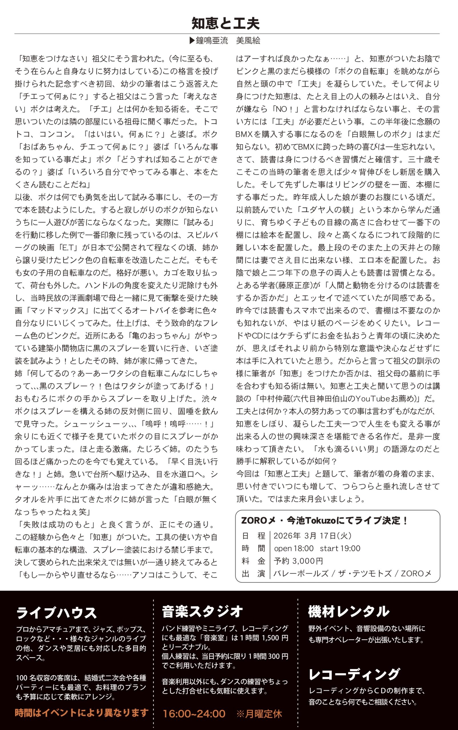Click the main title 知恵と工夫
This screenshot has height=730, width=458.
coord(226,23)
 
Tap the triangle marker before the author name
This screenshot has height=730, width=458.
coord(192,40)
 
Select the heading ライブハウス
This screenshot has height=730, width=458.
coord(56,613)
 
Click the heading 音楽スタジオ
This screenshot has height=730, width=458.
coord(202,611)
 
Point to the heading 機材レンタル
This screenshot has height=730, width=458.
coord(348,611)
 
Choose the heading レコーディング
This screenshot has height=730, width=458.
coord(354,674)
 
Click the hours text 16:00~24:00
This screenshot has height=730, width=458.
coord(194,714)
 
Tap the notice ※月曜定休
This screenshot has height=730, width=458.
coord(259,714)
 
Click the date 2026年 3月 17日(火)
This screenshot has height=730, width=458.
coord(312,536)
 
